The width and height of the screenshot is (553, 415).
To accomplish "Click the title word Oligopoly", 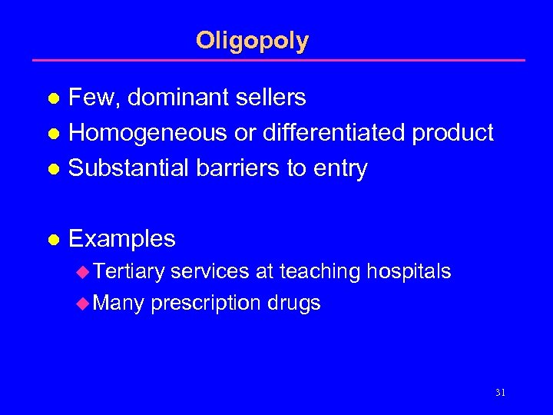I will tap(252, 40).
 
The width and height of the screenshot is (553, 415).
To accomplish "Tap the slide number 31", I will tap(501, 392).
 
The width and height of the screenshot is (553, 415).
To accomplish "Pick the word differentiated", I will tap(335, 133).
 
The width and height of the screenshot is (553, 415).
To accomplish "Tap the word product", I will tap(453, 133).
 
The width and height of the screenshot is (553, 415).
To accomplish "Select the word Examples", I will tap(122, 239).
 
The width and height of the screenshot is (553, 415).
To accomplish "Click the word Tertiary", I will tap(130, 272).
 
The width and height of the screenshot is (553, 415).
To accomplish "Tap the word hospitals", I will tap(409, 272).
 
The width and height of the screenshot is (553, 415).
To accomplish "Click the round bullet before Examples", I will tap(53, 240).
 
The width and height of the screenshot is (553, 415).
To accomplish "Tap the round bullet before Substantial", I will tap(53, 169).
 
